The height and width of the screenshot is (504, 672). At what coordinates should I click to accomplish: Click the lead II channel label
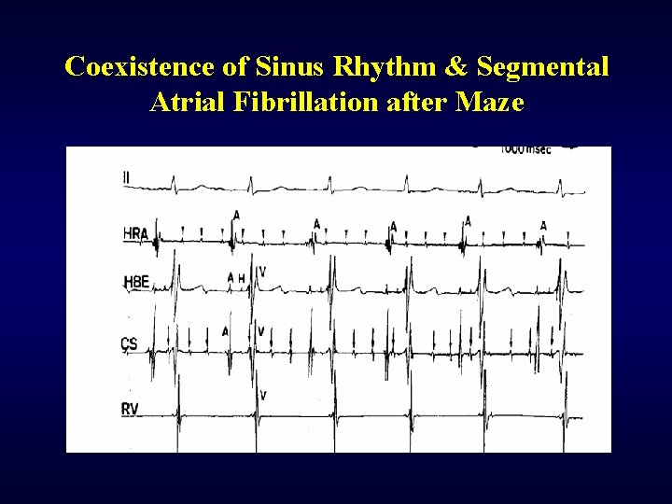(x=127, y=176)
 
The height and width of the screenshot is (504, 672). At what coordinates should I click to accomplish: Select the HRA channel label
(x=136, y=232)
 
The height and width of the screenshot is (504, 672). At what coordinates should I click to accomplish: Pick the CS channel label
(x=130, y=343)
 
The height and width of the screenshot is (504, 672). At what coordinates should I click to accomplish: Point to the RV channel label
(x=131, y=409)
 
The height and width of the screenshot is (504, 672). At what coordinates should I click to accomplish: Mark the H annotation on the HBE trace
(x=242, y=277)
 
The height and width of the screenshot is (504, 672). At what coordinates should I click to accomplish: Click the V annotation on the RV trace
(x=263, y=396)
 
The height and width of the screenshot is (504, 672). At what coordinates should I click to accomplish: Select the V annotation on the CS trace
(x=260, y=331)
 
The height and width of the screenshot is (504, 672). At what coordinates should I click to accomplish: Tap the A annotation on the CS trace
(x=225, y=331)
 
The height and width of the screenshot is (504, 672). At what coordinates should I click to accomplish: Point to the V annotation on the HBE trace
(x=261, y=272)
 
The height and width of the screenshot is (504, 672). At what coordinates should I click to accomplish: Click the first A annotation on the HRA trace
(x=237, y=215)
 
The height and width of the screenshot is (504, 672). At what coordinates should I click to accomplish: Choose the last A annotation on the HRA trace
(x=543, y=225)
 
